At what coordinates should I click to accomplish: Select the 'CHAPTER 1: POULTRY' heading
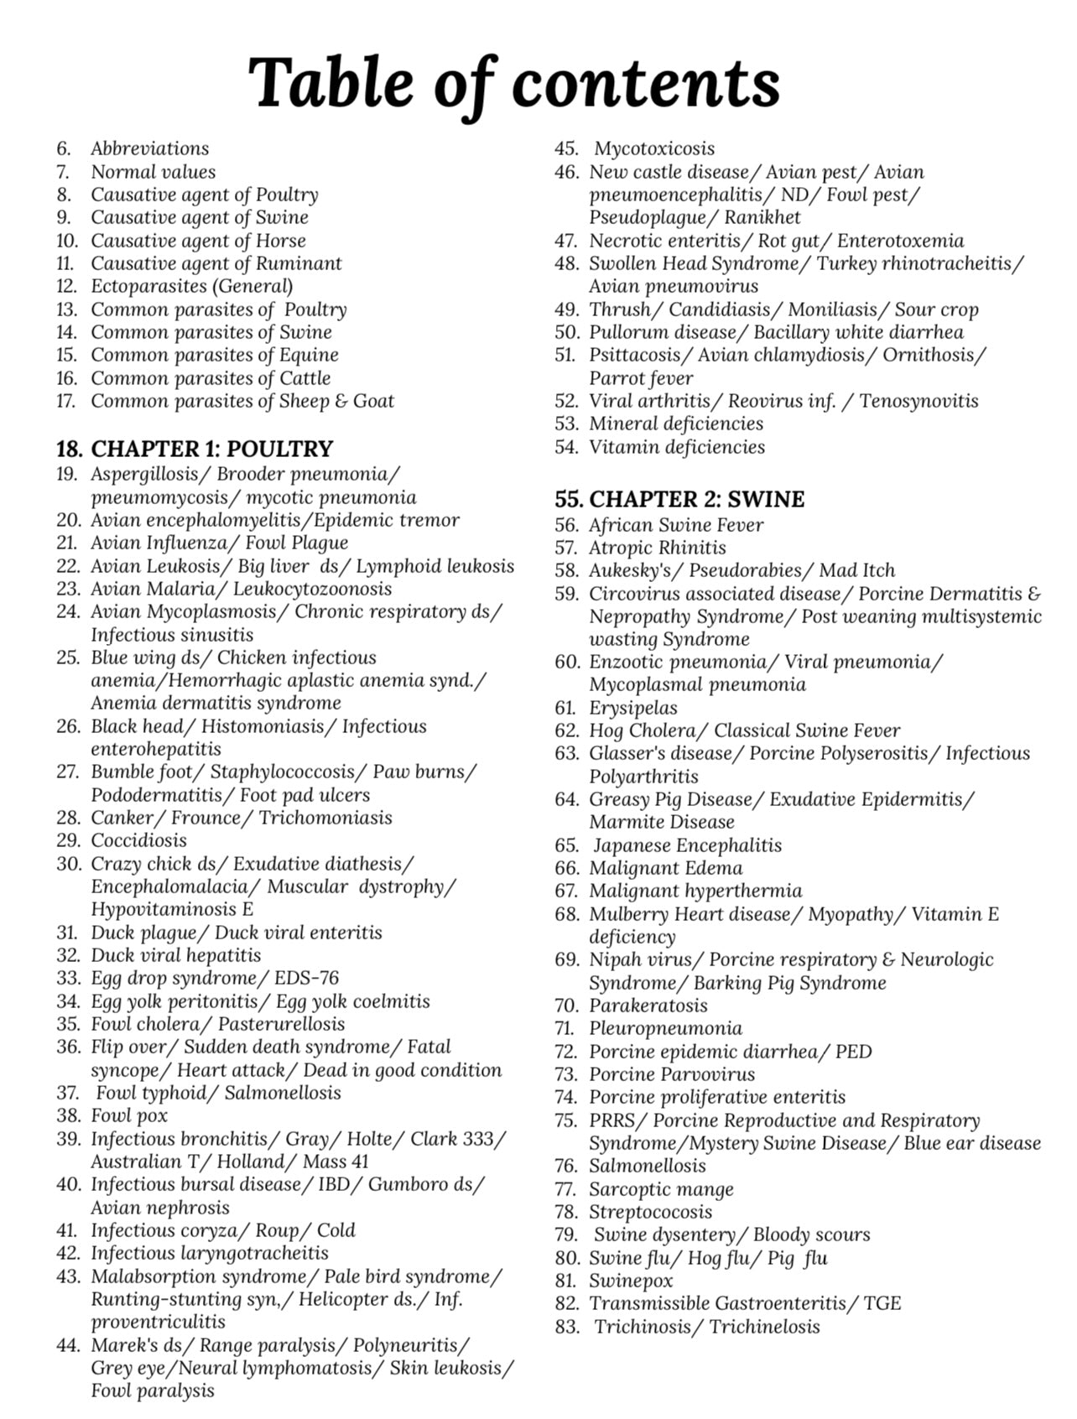[211, 450]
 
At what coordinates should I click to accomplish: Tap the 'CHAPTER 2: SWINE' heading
[696, 500]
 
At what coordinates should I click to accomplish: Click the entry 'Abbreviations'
[150, 149]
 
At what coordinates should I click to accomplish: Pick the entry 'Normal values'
[153, 172]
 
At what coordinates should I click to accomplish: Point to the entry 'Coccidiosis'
[139, 840]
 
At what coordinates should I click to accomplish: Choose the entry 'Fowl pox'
[129, 1115]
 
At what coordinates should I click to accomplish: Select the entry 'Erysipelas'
[633, 708]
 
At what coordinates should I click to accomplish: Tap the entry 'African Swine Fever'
[676, 526]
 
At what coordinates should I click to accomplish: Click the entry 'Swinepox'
[631, 1281]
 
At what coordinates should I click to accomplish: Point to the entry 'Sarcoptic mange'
[661, 1189]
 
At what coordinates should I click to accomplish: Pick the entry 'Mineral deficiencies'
[676, 424]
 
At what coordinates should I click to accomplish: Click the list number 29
[68, 840]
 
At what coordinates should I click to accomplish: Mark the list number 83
[566, 1327]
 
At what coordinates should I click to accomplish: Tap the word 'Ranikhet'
[762, 218]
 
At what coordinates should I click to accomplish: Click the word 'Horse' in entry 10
[281, 241]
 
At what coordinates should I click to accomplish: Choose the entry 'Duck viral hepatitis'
[176, 955]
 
